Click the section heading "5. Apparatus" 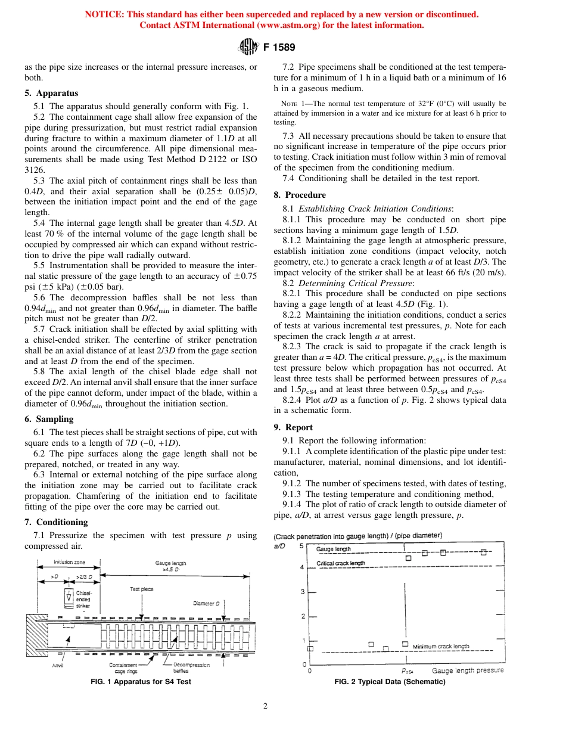51,93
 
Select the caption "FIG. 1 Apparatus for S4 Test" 141,682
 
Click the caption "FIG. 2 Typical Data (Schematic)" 390,682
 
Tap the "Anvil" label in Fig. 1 58,665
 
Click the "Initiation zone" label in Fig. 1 69,562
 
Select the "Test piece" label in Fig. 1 142,589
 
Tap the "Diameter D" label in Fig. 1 207,604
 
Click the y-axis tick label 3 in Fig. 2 303,592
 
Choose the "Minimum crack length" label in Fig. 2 441,646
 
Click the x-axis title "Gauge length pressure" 467,670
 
